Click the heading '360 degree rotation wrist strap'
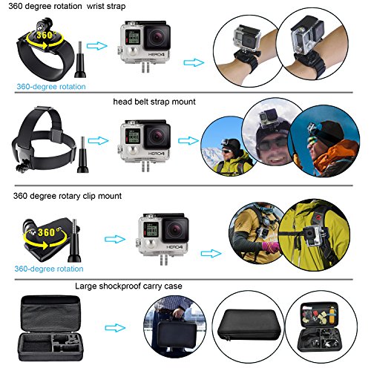coord(67,6)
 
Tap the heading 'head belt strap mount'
coord(154,102)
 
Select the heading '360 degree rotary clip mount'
coord(68,196)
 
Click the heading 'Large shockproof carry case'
coord(128,286)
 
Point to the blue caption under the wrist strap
coord(51,87)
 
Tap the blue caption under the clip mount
coord(49,269)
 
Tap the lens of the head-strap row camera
coord(157,137)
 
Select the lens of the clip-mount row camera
coord(175,229)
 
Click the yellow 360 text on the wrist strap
coord(45,35)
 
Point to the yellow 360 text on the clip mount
coord(47,232)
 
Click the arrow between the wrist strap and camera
coord(97,46)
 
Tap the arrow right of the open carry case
coord(115,328)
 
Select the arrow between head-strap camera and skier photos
coord(188,141)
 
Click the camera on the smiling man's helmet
coord(268,116)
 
